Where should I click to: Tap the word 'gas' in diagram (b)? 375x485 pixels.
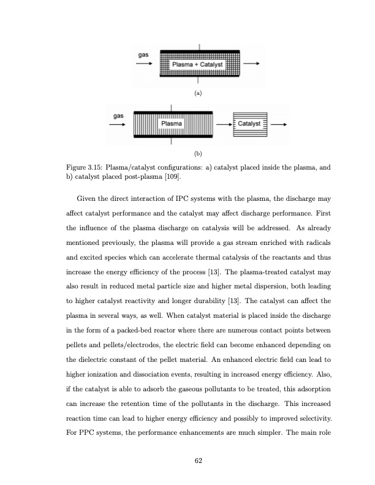(119, 115)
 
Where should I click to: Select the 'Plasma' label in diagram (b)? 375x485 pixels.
(171, 124)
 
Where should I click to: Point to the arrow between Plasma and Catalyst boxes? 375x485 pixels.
(222, 125)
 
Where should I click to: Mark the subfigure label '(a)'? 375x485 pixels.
(197, 94)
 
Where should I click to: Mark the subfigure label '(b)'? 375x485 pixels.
(197, 153)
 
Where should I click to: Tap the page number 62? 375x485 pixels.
(198, 460)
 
